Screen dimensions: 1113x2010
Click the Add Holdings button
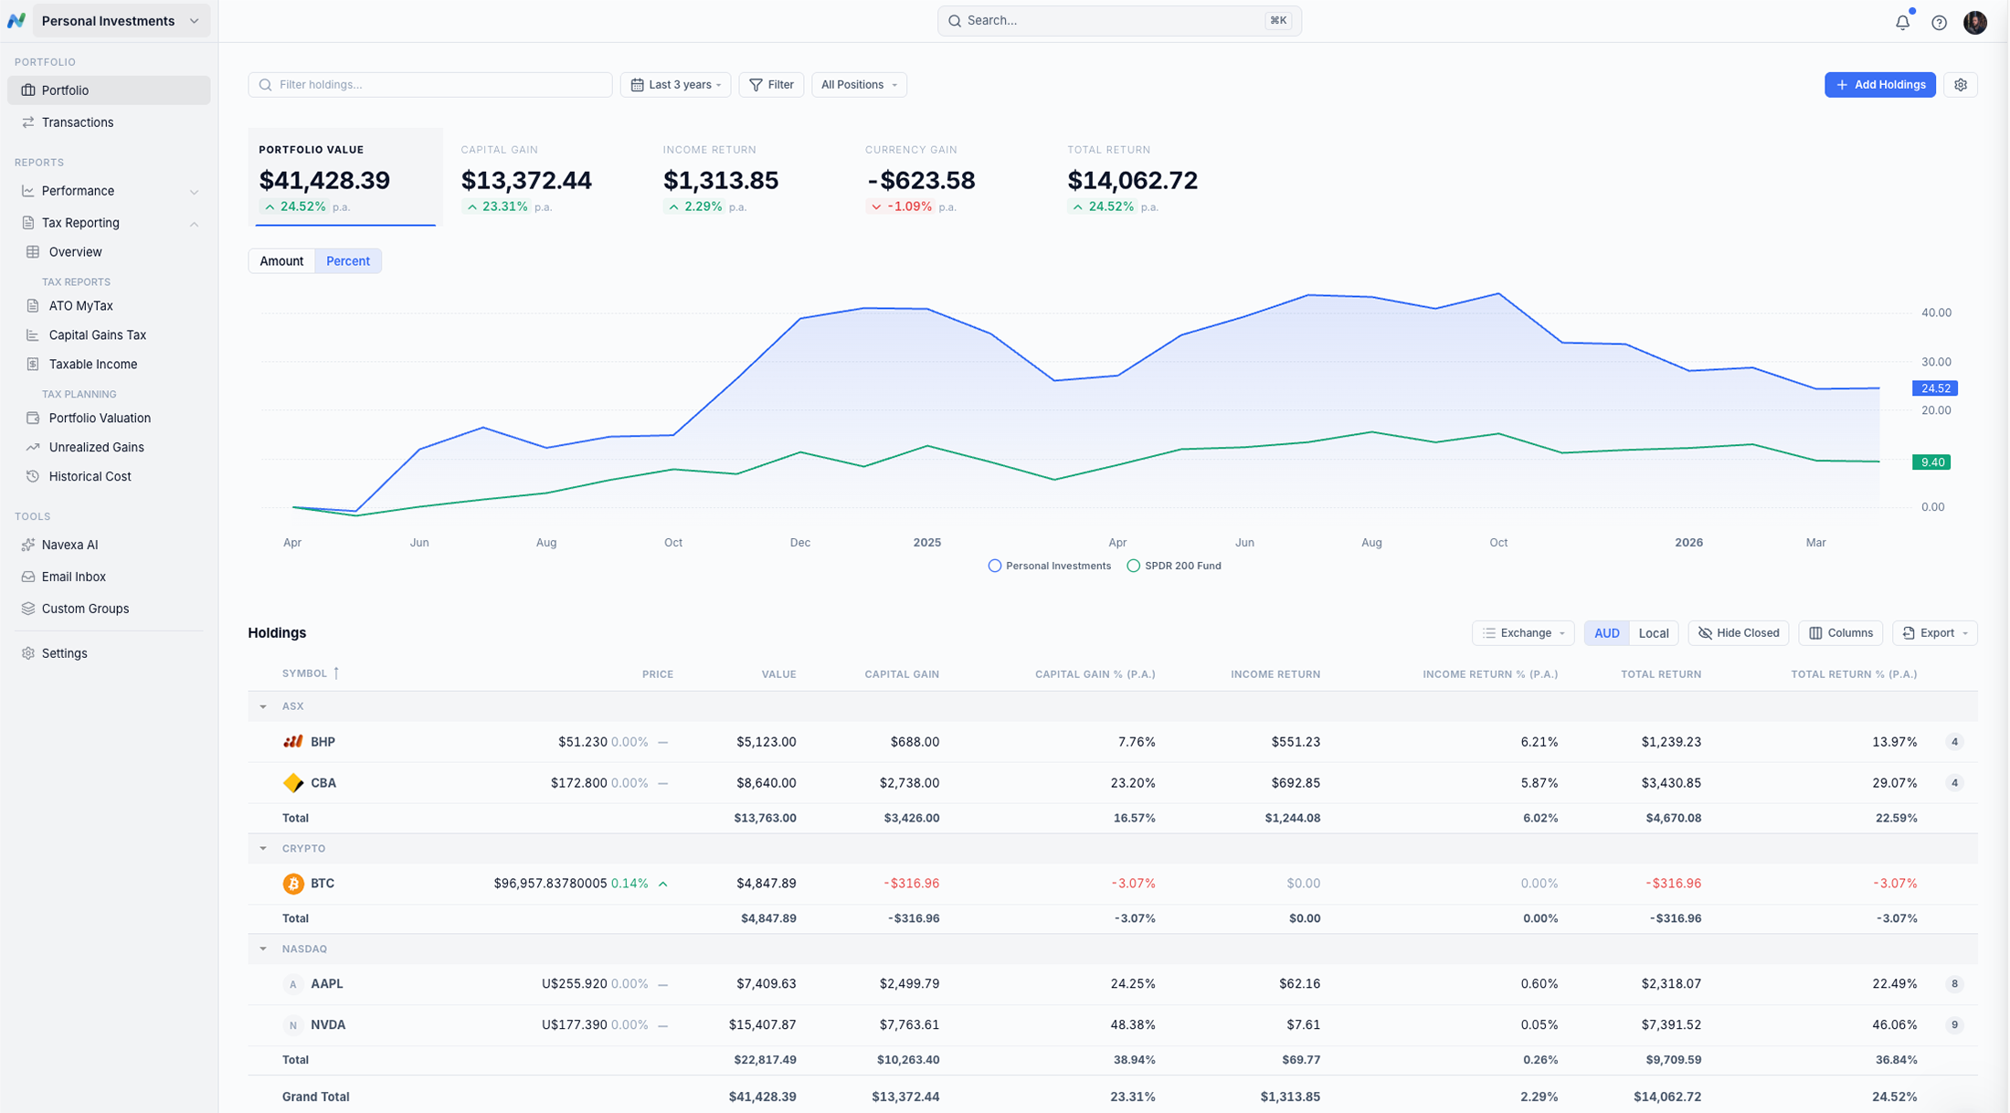click(1879, 85)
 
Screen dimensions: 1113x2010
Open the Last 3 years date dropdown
click(675, 85)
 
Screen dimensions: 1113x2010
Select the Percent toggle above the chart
click(347, 261)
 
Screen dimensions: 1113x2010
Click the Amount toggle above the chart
click(280, 261)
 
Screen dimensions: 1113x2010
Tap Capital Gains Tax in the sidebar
click(97, 335)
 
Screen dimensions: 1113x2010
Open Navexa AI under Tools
click(69, 545)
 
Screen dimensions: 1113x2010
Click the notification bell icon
click(1902, 22)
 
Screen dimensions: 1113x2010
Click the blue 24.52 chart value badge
click(1934, 388)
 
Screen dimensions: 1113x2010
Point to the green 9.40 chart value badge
click(1931, 462)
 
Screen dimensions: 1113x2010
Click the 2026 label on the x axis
click(1687, 543)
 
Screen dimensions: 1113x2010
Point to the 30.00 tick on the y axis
click(1935, 362)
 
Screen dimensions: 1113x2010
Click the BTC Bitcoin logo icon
click(293, 884)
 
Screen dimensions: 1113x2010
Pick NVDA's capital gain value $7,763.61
click(909, 1025)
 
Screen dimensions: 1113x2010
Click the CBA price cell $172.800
click(578, 783)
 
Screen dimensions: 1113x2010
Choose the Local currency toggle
click(1653, 633)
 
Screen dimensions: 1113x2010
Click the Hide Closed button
click(1738, 633)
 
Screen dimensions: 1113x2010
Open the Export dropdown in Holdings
click(1934, 633)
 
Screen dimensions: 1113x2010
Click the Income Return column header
click(1275, 674)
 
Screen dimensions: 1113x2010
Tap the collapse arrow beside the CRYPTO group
click(263, 849)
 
